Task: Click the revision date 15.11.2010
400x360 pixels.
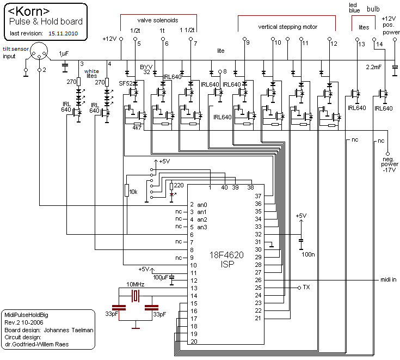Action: pos(63,33)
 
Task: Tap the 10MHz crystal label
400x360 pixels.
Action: pos(136,285)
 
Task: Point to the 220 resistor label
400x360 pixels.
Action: pos(179,185)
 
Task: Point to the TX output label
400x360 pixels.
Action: pos(306,287)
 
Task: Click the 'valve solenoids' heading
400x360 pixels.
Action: pos(158,20)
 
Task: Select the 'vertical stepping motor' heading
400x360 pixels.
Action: pos(287,27)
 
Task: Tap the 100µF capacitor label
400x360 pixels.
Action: pos(160,278)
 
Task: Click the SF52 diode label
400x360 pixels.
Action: pos(126,83)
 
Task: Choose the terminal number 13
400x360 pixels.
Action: pos(361,44)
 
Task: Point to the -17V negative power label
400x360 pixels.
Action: pos(387,170)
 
